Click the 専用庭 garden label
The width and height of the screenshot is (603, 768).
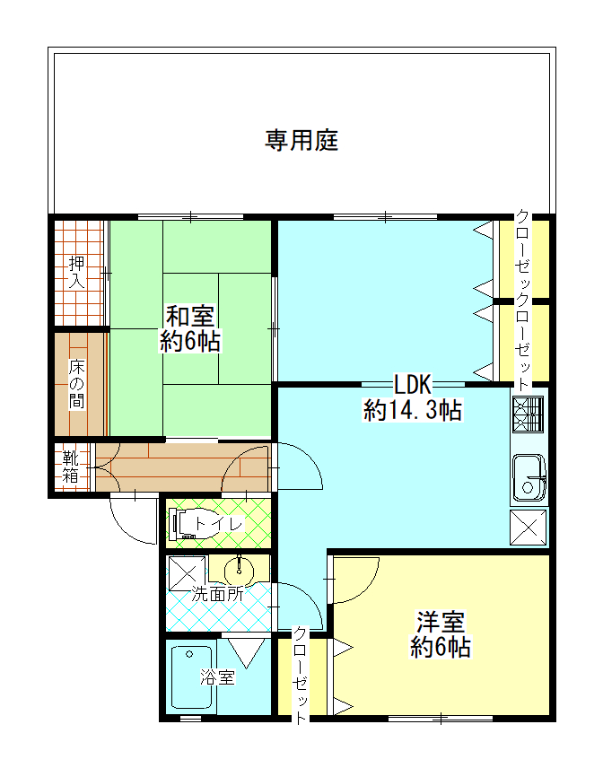(301, 140)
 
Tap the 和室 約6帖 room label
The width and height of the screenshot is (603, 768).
(190, 328)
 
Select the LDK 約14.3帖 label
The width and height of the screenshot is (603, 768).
(413, 398)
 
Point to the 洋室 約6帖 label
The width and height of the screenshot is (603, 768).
(441, 634)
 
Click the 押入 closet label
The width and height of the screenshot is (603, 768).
(77, 272)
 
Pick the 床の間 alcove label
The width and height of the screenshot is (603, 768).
(77, 384)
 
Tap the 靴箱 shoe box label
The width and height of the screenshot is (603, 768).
(72, 467)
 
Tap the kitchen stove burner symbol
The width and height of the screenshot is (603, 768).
(529, 414)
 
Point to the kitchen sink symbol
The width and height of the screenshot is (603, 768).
(529, 476)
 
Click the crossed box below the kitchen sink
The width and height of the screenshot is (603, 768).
(529, 528)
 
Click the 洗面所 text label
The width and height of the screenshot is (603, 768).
(217, 593)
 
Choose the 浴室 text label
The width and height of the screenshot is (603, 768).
(217, 677)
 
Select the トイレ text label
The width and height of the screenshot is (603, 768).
(218, 524)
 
